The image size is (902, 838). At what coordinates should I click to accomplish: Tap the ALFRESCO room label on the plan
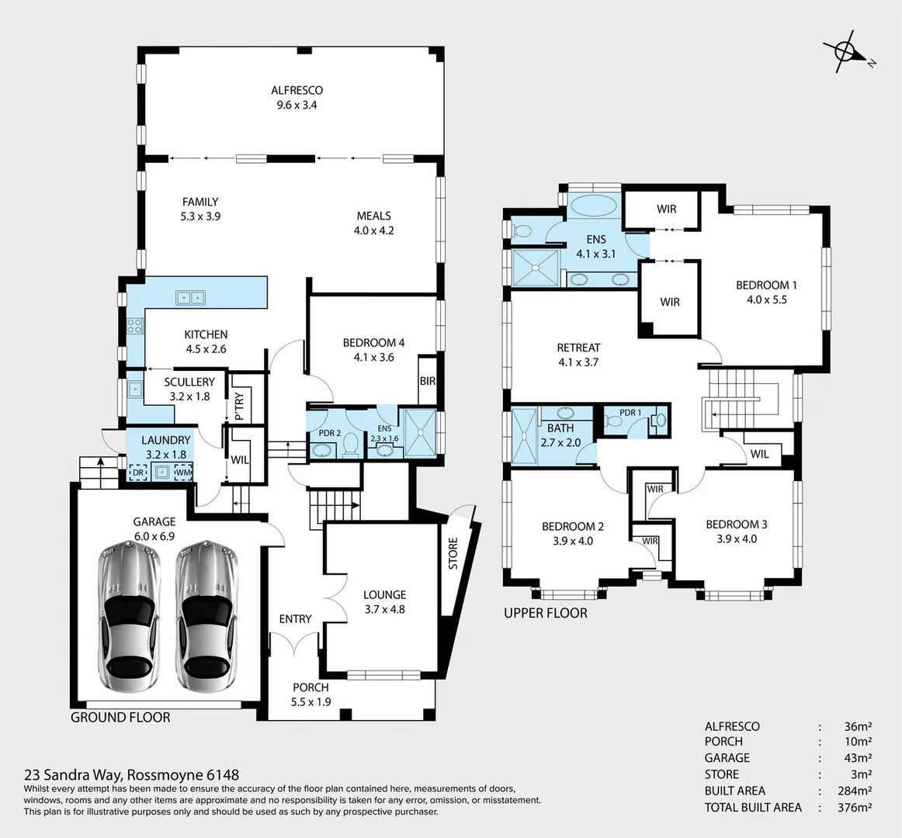pyautogui.click(x=297, y=91)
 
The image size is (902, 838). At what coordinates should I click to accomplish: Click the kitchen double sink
pyautogui.click(x=190, y=296)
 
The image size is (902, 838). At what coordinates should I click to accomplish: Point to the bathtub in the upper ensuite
pyautogui.click(x=594, y=207)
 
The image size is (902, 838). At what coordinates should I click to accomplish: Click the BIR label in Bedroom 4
pyautogui.click(x=427, y=381)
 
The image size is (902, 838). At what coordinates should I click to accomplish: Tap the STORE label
pyautogui.click(x=453, y=553)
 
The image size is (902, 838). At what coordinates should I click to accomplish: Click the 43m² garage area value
pyautogui.click(x=857, y=758)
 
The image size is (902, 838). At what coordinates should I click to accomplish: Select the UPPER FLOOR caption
pyautogui.click(x=546, y=613)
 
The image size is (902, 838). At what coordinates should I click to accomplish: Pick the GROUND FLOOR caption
pyautogui.click(x=120, y=717)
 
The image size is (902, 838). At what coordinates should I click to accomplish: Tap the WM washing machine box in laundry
pyautogui.click(x=184, y=472)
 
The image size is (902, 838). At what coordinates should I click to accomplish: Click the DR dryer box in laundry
pyautogui.click(x=138, y=472)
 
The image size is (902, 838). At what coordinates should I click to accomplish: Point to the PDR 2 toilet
pyautogui.click(x=350, y=445)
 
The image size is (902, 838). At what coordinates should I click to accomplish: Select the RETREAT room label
pyautogui.click(x=578, y=348)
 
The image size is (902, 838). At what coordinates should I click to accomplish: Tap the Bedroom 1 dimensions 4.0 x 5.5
pyautogui.click(x=766, y=300)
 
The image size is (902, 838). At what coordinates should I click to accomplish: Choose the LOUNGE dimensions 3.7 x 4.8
pyautogui.click(x=384, y=609)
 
